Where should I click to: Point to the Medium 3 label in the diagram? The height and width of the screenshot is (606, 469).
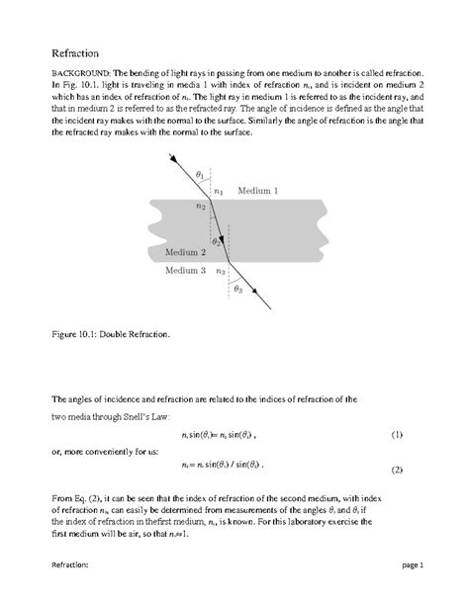185,270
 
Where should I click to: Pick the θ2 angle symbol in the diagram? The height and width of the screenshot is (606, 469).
216,240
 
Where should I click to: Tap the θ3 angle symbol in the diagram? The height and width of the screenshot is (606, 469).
237,289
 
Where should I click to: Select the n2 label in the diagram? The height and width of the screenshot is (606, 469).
200,207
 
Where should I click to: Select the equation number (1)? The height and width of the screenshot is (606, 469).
396,434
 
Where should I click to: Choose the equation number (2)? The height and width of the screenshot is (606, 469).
396,469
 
